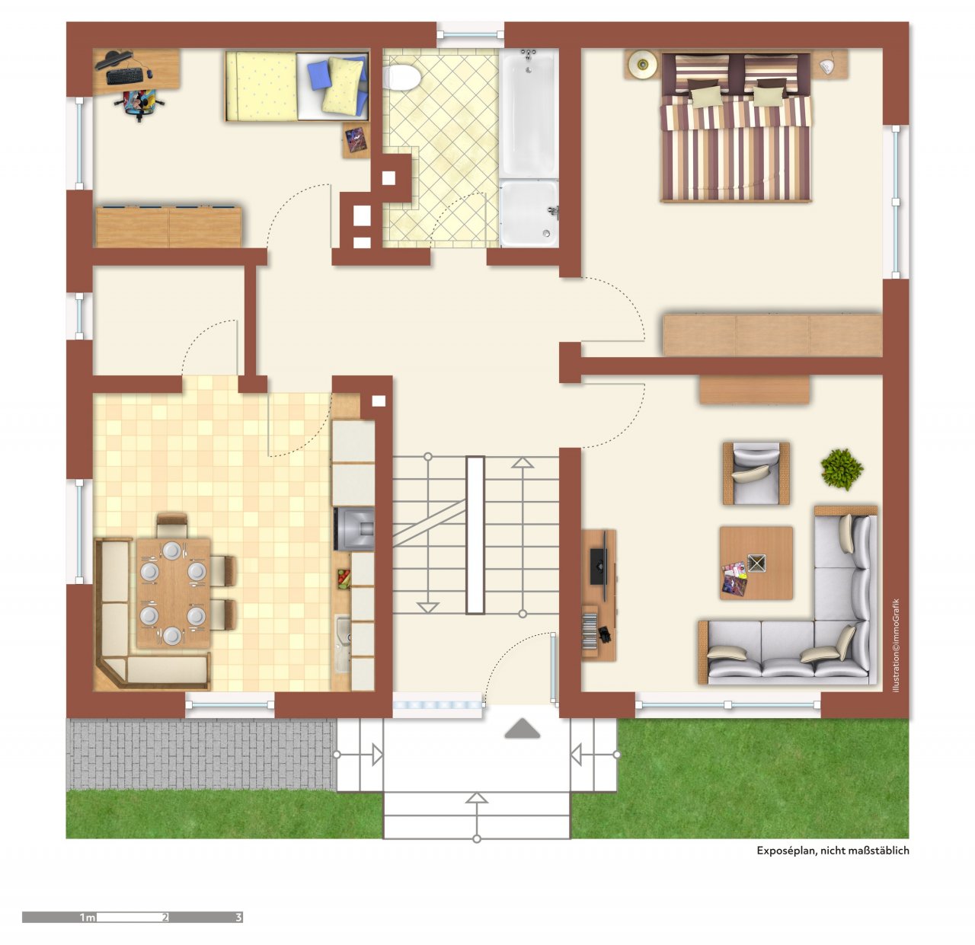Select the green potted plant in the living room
pyautogui.click(x=842, y=469)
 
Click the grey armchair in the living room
pyautogui.click(x=756, y=473)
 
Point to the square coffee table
pyautogui.click(x=756, y=563)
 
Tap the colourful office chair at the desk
pyautogui.click(x=140, y=104)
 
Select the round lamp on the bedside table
pyautogui.click(x=641, y=64)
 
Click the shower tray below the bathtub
pyautogui.click(x=529, y=212)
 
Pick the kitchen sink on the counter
pyautogui.click(x=344, y=643)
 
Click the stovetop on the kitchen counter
pyautogui.click(x=354, y=528)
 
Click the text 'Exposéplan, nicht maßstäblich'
pyautogui.click(x=833, y=851)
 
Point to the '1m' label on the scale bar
pyautogui.click(x=88, y=918)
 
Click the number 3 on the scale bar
pyautogui.click(x=238, y=918)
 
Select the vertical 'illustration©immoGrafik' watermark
pyautogui.click(x=897, y=646)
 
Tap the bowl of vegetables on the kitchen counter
pyautogui.click(x=344, y=579)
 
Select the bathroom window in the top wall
pyautogui.click(x=470, y=34)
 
